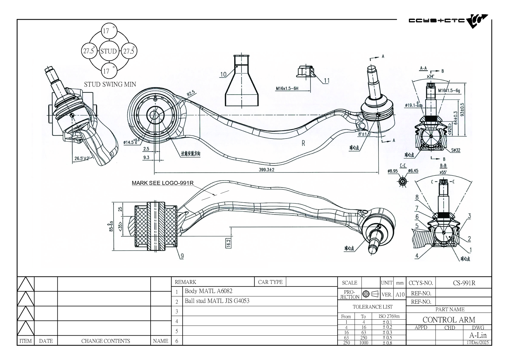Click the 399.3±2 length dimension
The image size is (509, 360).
[266, 170]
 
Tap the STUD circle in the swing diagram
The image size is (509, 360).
[108, 51]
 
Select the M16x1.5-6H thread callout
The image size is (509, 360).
[287, 88]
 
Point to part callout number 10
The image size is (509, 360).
[223, 74]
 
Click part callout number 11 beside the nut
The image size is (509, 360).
[326, 80]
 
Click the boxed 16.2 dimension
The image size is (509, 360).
[228, 243]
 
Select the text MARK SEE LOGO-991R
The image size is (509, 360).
[163, 183]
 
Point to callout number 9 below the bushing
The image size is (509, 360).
[182, 256]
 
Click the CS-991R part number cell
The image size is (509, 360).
[464, 283]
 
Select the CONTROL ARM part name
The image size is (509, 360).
[449, 320]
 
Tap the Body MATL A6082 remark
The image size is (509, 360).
[208, 291]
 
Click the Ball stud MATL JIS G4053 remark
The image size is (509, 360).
[217, 301]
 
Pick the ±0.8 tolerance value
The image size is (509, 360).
[387, 343]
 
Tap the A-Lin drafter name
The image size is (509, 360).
[478, 335]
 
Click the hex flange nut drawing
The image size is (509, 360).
[306, 72]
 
